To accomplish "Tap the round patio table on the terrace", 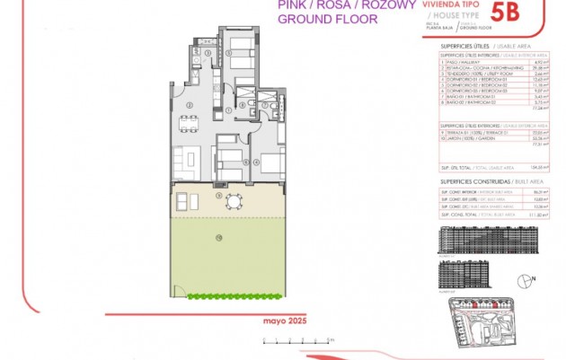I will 234,200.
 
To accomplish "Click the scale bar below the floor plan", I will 297,339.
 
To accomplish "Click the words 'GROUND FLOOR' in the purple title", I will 323,17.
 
